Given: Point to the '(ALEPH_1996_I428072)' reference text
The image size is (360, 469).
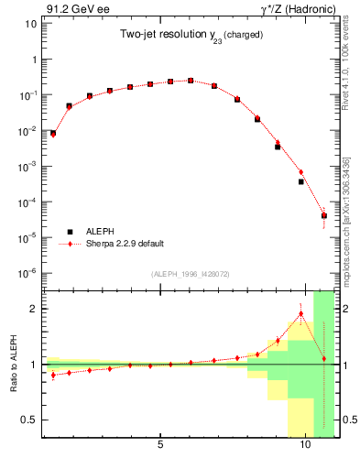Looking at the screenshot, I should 190,273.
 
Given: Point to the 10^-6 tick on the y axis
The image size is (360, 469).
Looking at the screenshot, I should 27,273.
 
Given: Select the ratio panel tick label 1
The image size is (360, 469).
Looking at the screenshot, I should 33,365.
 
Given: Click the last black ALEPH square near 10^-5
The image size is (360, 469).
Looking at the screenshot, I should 324,216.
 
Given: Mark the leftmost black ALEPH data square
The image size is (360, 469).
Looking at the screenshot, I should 52,134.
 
